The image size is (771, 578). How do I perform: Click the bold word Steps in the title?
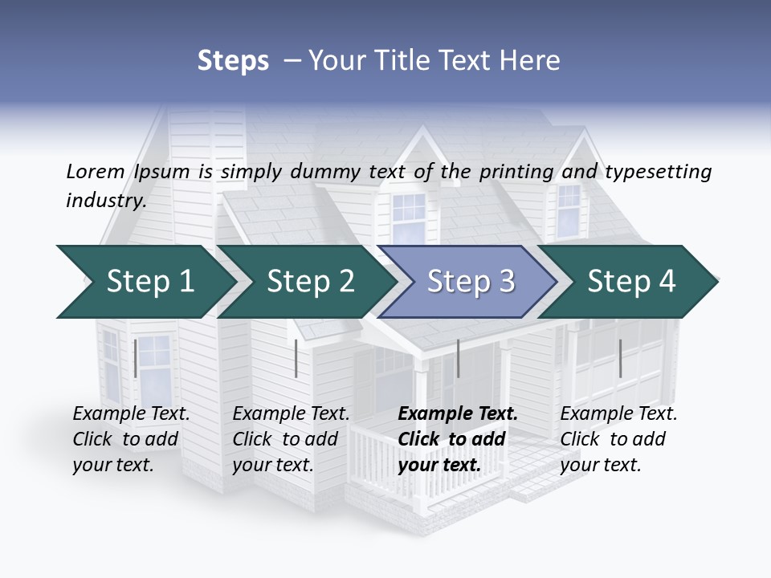pyautogui.click(x=233, y=61)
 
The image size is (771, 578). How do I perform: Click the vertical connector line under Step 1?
pyautogui.click(x=136, y=358)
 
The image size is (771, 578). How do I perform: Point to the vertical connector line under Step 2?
pyautogui.click(x=296, y=358)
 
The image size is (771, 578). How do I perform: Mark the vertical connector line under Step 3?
pyautogui.click(x=458, y=358)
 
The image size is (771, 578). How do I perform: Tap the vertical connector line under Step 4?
pyautogui.click(x=620, y=358)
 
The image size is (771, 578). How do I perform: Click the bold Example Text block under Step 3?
pyautogui.click(x=456, y=439)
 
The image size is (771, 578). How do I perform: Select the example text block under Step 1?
pyautogui.click(x=131, y=439)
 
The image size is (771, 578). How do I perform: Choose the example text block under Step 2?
pyautogui.click(x=291, y=439)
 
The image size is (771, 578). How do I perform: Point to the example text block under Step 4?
pyautogui.click(x=618, y=439)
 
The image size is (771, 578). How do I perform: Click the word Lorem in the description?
pyautogui.click(x=96, y=172)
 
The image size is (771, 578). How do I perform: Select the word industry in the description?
pyautogui.click(x=105, y=201)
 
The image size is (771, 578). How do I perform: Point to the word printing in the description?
pyautogui.click(x=516, y=172)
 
